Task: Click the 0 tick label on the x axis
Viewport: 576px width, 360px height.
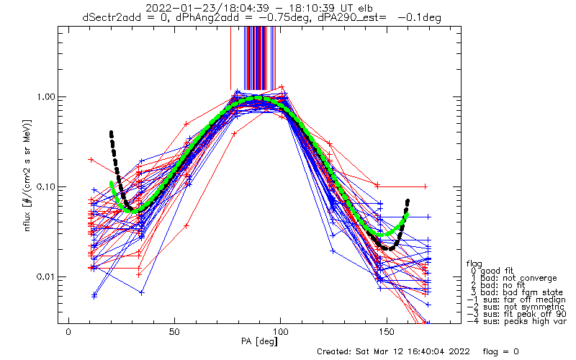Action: click(x=68, y=332)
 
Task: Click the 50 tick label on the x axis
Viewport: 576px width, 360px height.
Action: click(x=174, y=332)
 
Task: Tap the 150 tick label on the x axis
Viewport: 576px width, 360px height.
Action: click(x=387, y=332)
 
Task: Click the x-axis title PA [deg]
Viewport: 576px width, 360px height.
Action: click(x=259, y=341)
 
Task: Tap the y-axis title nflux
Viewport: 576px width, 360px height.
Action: click(x=27, y=217)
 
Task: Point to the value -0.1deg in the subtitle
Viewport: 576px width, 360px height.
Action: click(x=419, y=17)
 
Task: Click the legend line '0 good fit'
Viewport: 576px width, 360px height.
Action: click(x=492, y=271)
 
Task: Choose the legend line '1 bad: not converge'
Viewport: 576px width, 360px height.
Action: click(x=514, y=278)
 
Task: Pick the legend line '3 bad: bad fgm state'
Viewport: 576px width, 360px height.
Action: click(x=517, y=292)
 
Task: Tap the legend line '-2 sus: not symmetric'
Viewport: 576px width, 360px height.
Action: click(x=516, y=307)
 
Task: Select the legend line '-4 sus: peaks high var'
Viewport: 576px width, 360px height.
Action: click(x=517, y=321)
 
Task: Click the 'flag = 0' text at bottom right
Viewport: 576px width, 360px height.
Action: click(x=500, y=351)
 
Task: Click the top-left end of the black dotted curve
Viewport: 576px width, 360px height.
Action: click(x=111, y=132)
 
